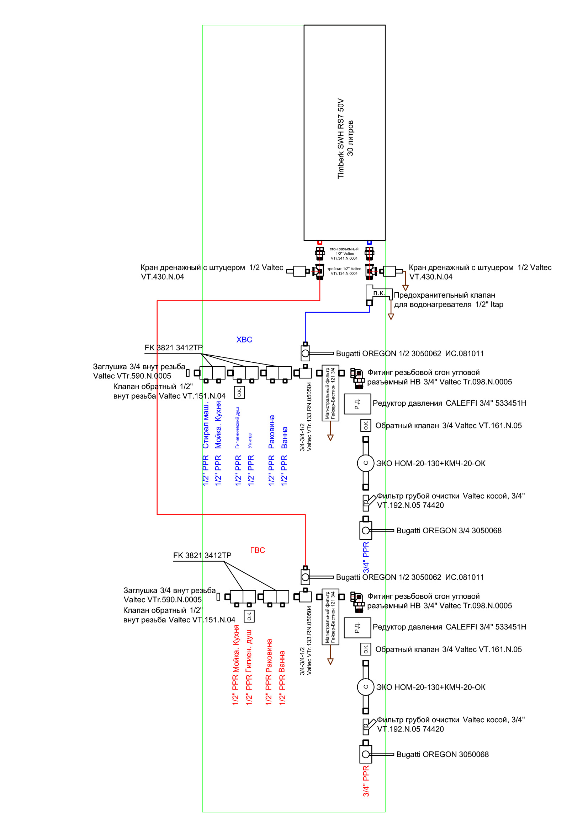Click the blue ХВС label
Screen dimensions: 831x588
point(244,340)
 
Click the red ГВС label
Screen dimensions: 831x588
point(257,550)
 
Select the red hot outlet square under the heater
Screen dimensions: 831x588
point(319,242)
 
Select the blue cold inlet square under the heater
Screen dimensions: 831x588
point(369,242)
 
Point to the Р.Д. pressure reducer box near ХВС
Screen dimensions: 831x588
point(357,404)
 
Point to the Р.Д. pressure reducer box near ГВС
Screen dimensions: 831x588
point(357,627)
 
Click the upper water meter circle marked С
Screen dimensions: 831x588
point(366,463)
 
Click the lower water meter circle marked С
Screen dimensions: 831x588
point(366,687)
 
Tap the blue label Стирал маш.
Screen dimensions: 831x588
point(206,425)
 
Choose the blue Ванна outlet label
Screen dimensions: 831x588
point(285,438)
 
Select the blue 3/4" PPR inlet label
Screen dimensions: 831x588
point(366,557)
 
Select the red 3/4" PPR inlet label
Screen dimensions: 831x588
point(366,781)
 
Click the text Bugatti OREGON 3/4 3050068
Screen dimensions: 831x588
point(449,530)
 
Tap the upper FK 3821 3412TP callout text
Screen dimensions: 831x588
point(174,348)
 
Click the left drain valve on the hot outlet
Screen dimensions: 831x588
point(299,271)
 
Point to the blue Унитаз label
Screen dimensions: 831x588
point(250,441)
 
